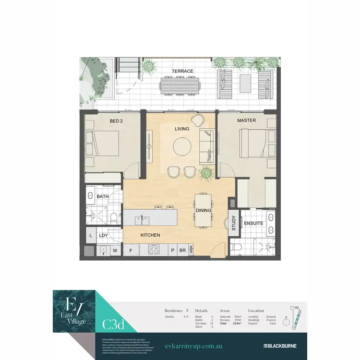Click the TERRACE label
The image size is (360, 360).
tap(182, 72)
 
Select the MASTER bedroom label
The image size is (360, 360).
tap(246, 120)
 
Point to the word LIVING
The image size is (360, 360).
tap(182, 129)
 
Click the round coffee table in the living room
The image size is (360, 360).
tap(181, 146)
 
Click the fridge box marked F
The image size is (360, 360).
tap(131, 250)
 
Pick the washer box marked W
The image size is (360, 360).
tap(115, 250)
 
